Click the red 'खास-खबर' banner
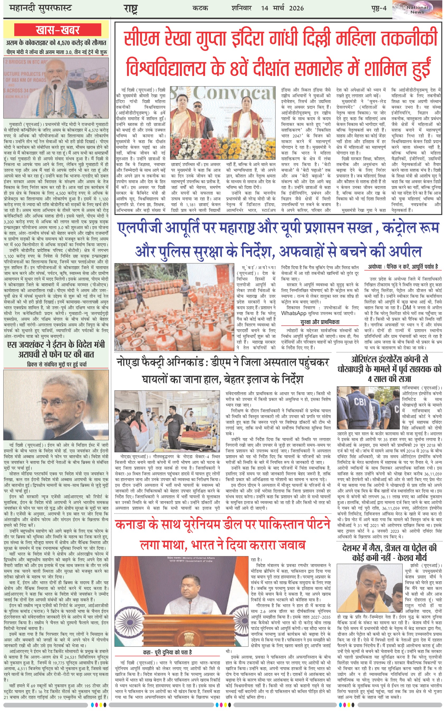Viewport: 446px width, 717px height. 58,30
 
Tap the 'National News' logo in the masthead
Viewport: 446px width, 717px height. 417,10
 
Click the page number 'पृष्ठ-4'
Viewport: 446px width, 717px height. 378,8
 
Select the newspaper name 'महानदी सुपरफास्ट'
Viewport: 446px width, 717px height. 40,8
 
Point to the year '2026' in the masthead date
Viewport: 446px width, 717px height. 296,8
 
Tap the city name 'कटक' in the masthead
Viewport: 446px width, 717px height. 200,8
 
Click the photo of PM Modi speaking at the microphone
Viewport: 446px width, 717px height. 56,89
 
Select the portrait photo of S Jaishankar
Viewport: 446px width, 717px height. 56,405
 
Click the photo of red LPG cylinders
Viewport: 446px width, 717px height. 175,307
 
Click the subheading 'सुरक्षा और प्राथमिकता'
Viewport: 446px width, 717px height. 320,322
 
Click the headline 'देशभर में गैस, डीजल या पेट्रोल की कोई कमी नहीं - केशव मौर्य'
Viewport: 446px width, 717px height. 389,553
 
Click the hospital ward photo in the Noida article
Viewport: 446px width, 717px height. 167,421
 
